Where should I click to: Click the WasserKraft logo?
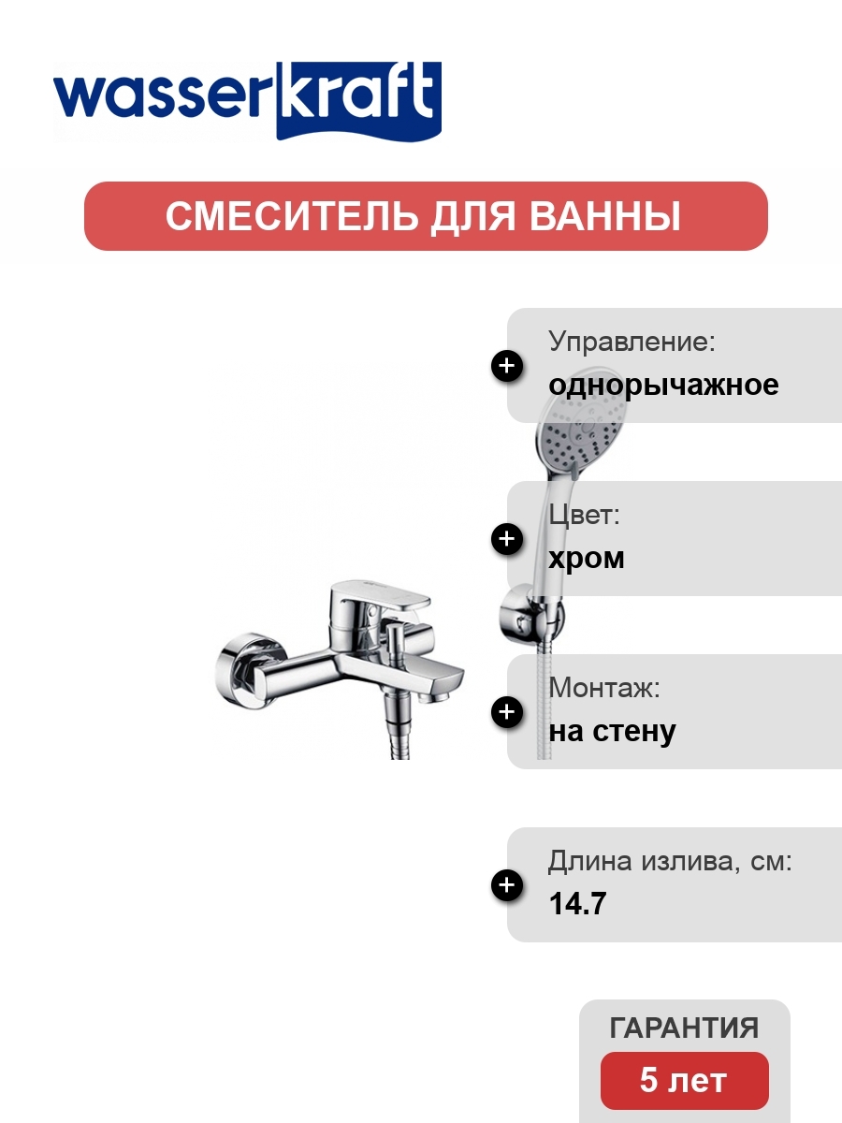[x=247, y=101]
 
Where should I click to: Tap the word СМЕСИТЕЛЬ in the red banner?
[x=290, y=216]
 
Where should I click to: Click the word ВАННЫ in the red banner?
[x=604, y=216]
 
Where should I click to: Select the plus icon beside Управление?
[x=507, y=366]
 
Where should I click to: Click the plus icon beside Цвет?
[x=507, y=539]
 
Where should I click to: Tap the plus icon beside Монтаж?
[x=507, y=712]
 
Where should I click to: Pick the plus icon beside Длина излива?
[x=507, y=885]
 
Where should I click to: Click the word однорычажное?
[x=663, y=386]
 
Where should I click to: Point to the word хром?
[x=587, y=559]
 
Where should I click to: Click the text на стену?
[x=612, y=732]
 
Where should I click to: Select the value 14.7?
[x=577, y=903]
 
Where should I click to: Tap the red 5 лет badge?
[x=685, y=1081]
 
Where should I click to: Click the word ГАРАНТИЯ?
[x=684, y=1028]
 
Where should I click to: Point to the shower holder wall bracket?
[x=531, y=616]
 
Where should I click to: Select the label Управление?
[x=631, y=342]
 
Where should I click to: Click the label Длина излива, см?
[x=670, y=861]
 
